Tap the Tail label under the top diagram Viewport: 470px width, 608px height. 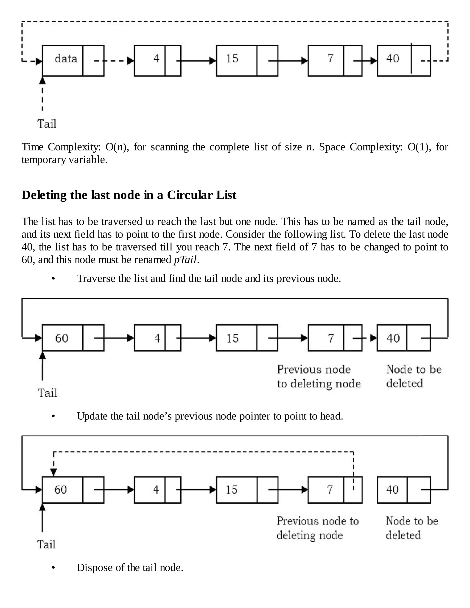coord(47,124)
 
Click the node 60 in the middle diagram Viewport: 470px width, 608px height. coord(73,338)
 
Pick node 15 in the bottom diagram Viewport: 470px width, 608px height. coord(247,490)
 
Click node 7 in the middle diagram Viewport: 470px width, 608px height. coord(335,338)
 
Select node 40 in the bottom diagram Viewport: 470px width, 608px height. coord(403,490)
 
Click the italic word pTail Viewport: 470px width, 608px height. coord(185,260)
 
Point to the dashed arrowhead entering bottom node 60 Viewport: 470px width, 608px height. coord(54,472)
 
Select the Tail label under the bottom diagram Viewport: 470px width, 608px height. coord(46,544)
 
